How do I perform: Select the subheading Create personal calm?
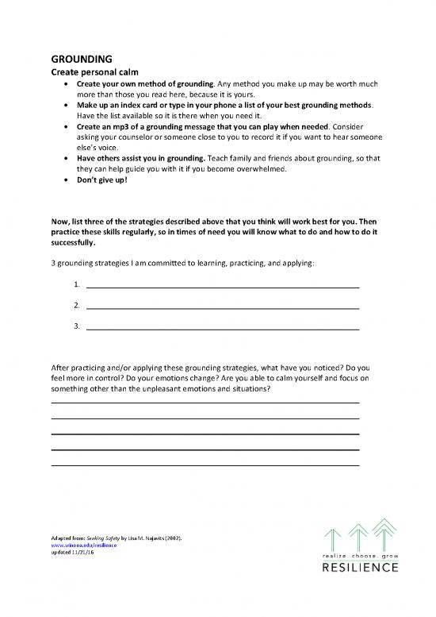pos(90,71)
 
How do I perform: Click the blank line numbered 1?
pos(222,283)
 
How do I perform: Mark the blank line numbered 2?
pos(222,304)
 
